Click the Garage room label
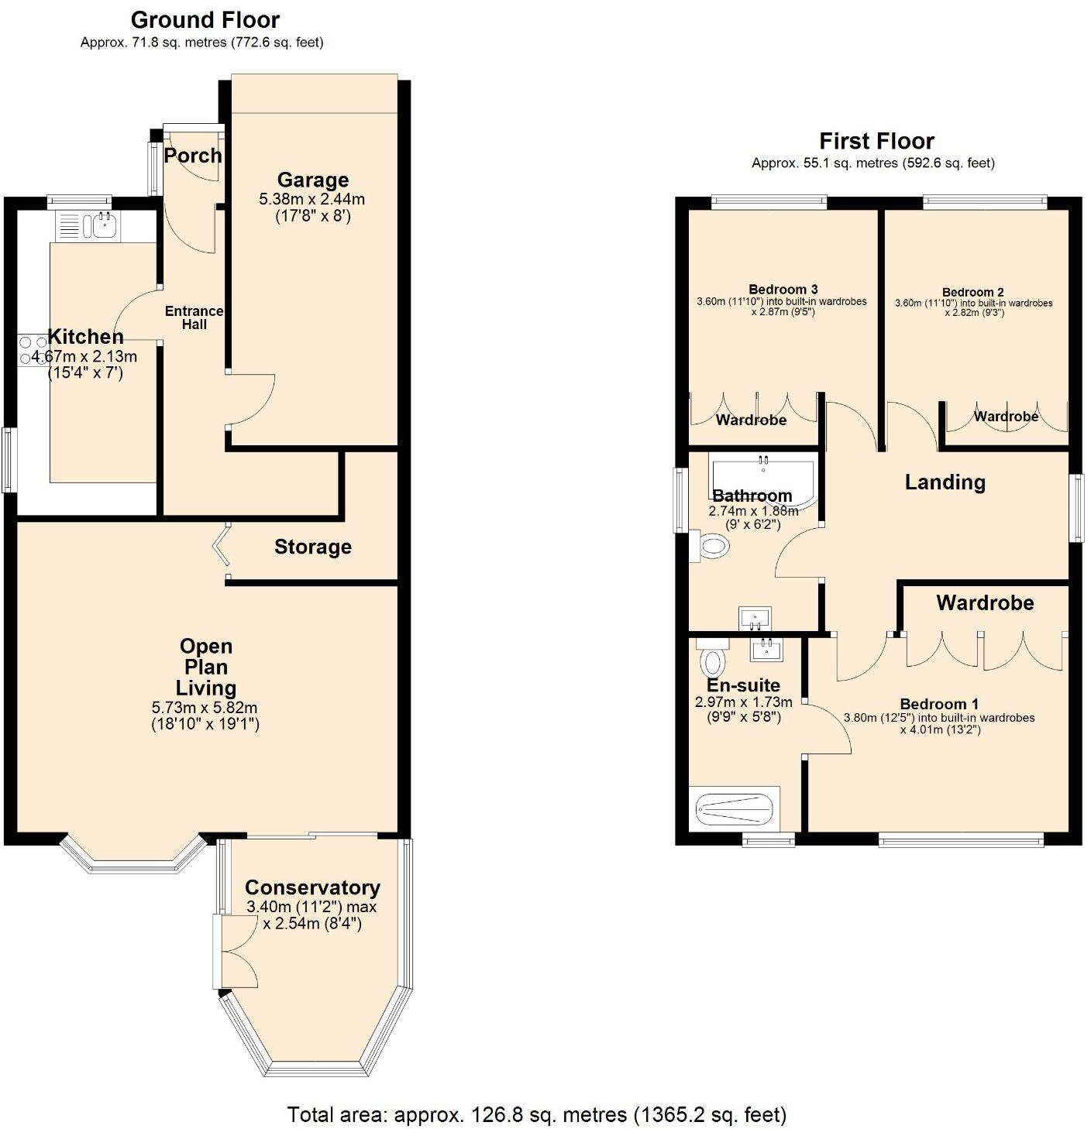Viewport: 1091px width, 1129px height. point(312,180)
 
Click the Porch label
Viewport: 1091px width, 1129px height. point(193,156)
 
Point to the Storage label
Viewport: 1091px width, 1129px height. point(312,547)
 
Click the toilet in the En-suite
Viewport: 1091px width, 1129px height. point(711,660)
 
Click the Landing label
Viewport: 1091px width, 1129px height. point(945,482)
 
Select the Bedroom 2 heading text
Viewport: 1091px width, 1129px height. point(972,292)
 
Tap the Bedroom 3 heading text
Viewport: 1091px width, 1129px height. point(783,290)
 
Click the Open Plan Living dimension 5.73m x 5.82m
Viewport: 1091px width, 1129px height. point(205,708)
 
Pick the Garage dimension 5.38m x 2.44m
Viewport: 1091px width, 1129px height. point(312,200)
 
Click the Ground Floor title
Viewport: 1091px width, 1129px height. point(205,20)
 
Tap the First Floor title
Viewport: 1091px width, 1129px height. point(876,141)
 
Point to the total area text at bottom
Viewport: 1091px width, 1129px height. point(536,1114)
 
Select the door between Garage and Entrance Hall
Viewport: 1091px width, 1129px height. point(250,399)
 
